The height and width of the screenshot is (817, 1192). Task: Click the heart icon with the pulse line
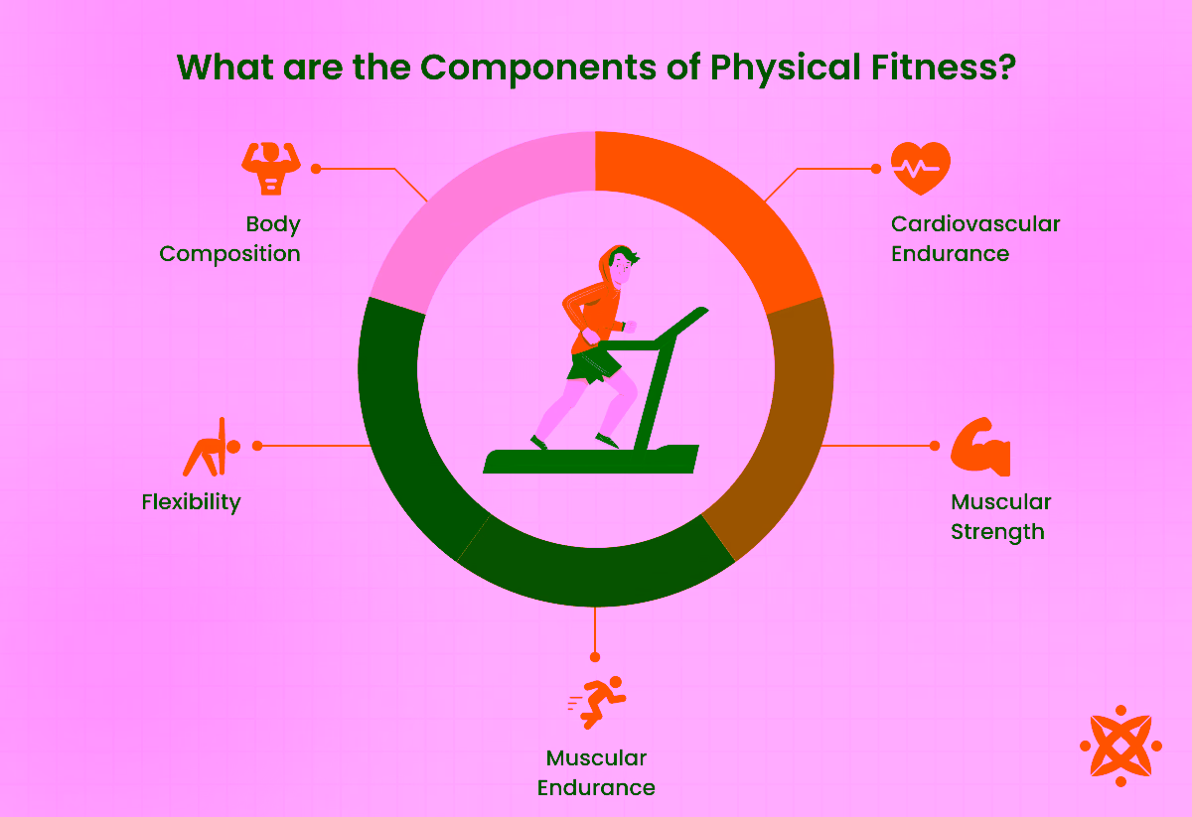920,168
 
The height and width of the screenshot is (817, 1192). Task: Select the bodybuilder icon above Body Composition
270,168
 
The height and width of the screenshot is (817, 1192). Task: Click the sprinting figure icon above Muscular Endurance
596,702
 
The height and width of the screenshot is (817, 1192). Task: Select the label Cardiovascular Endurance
974,238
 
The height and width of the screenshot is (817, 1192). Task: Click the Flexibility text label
191,502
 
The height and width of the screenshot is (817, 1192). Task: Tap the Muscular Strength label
999,516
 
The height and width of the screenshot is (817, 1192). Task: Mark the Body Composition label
230,238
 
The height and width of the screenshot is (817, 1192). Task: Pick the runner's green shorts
594,365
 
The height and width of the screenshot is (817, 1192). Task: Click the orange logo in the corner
1120,745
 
